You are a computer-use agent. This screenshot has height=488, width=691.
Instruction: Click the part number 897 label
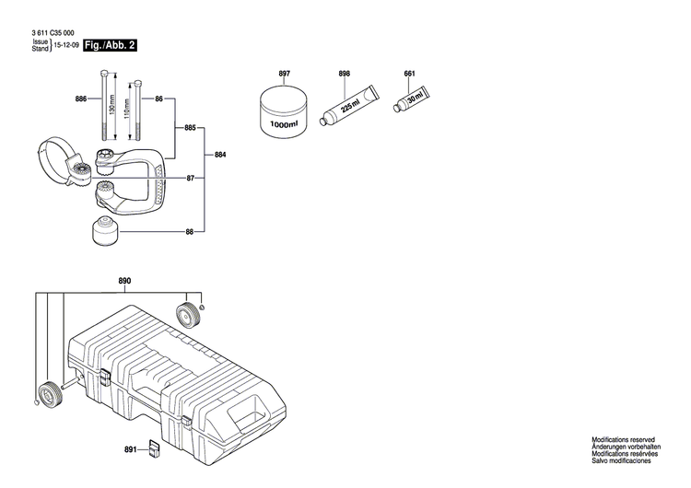pyautogui.click(x=284, y=73)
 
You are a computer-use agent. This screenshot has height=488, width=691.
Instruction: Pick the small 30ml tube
pyautogui.click(x=412, y=98)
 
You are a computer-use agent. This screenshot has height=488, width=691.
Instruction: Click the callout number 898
pyautogui.click(x=345, y=73)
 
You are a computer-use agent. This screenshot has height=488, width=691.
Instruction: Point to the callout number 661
pyautogui.click(x=409, y=73)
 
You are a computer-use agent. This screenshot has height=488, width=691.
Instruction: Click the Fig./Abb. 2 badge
pyautogui.click(x=109, y=44)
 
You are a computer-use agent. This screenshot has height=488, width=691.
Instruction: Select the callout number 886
pyautogui.click(x=81, y=99)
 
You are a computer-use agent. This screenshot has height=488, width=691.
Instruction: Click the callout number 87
pyautogui.click(x=190, y=178)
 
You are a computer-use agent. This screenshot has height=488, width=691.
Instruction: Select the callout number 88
pyautogui.click(x=190, y=232)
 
